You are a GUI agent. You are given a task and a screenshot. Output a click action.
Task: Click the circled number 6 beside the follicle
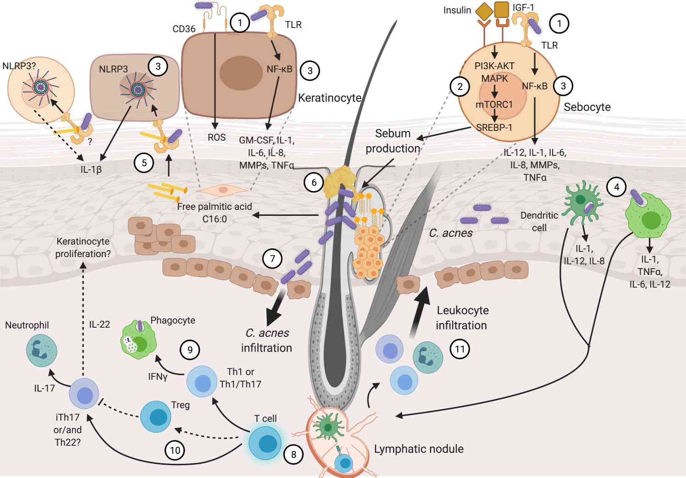click(314, 182)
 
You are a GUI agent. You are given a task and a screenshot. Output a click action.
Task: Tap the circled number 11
click(459, 349)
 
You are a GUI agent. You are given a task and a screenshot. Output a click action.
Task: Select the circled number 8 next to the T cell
click(293, 454)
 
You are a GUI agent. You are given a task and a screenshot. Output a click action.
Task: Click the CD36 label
click(184, 29)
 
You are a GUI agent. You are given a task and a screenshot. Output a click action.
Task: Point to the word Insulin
click(457, 10)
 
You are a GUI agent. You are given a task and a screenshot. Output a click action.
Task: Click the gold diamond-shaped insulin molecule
click(484, 10)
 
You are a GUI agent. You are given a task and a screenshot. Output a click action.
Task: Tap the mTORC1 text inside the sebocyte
click(494, 104)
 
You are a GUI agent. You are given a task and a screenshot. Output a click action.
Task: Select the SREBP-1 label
click(494, 127)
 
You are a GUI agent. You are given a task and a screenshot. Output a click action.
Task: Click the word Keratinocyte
click(330, 98)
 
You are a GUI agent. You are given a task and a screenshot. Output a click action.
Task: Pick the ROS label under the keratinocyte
click(216, 137)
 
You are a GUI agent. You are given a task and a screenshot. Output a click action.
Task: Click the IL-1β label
click(91, 170)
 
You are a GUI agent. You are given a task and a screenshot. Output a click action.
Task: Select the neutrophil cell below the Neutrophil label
click(42, 351)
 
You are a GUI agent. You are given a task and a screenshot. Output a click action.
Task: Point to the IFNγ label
click(158, 377)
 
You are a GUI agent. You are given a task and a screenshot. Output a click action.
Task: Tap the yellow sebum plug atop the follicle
click(339, 180)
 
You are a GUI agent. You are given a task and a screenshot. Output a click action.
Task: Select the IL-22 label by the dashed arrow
click(100, 324)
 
